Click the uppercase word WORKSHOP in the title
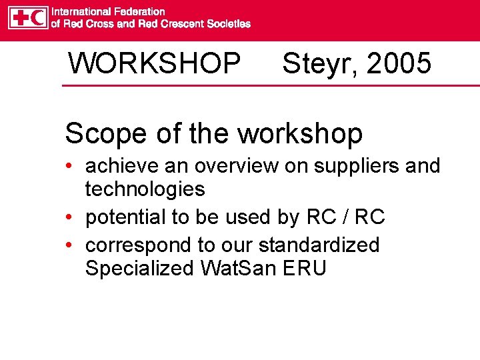154,64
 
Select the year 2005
399,64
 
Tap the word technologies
145,189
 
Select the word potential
125,217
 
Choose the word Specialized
139,269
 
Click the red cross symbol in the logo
19,18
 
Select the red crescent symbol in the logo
39,18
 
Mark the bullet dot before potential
69,218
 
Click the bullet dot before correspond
69,245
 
